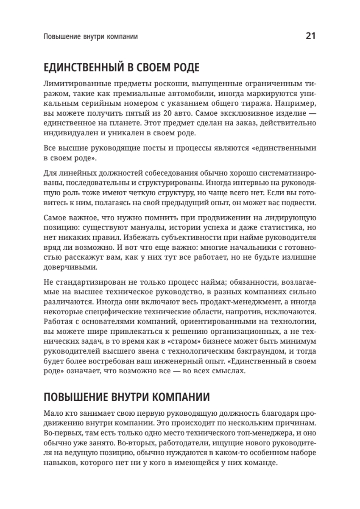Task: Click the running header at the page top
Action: click(x=91, y=36)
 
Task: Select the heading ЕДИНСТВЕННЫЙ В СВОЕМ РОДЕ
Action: click(x=122, y=67)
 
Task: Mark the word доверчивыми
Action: click(x=70, y=267)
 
